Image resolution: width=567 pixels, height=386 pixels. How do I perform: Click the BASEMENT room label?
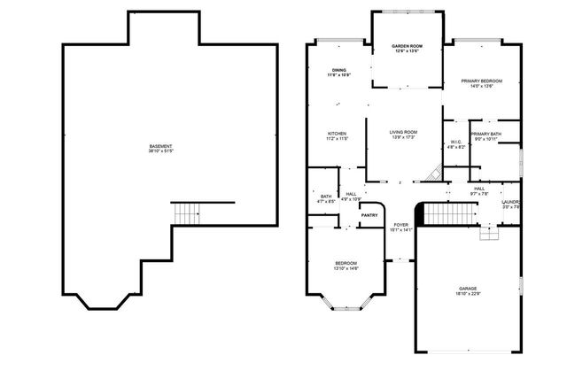point(160,146)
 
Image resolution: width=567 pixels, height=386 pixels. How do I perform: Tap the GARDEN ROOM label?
point(408,46)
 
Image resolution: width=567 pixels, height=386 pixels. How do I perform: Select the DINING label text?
point(339,70)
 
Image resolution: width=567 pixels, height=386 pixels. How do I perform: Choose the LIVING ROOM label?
point(403,133)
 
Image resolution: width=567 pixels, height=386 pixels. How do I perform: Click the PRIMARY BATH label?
point(487,134)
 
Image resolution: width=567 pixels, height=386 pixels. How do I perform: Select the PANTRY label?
point(369,214)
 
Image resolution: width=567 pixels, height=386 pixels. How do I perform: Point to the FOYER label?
point(402,225)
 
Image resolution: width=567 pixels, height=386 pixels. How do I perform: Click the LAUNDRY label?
point(511,202)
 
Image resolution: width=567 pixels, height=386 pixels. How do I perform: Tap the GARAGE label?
point(468,288)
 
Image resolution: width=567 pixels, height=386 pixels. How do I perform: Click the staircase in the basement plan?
point(187,213)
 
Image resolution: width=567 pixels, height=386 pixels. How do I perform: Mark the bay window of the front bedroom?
point(346,306)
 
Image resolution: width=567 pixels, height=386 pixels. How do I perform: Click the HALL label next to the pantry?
point(352,194)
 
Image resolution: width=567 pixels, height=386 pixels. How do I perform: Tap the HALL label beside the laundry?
point(478,189)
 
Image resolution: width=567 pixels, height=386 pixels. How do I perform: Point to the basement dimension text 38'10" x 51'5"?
point(160,152)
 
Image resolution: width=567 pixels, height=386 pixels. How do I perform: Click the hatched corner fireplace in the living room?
point(433,173)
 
